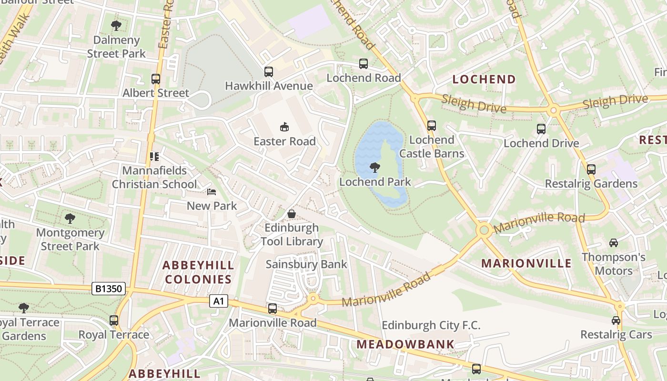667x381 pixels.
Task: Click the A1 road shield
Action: click(x=218, y=301)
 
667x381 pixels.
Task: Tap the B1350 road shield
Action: click(x=109, y=288)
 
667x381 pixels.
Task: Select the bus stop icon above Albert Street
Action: click(x=156, y=79)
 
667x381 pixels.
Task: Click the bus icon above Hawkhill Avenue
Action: click(x=269, y=72)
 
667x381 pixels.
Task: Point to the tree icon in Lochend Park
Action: click(x=375, y=168)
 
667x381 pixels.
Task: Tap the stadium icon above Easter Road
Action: click(x=284, y=127)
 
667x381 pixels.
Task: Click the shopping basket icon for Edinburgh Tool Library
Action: click(x=292, y=214)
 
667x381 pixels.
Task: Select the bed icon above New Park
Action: click(x=212, y=192)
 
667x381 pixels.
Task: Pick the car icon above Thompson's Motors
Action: click(x=614, y=243)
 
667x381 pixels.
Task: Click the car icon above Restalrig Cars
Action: click(x=616, y=321)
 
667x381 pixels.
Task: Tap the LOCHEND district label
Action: click(x=484, y=80)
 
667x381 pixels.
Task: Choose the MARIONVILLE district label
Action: click(x=526, y=263)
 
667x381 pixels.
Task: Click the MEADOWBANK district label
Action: click(x=405, y=344)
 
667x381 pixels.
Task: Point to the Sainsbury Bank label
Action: click(x=306, y=264)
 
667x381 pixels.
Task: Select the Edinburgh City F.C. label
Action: click(x=431, y=326)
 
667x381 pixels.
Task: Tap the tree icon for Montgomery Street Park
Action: click(x=70, y=219)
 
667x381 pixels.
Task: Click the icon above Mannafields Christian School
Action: click(x=154, y=156)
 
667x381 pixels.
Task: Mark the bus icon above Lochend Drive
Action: click(x=541, y=129)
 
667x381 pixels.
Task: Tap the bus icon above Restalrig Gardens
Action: click(x=591, y=170)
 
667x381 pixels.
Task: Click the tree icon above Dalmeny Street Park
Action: click(x=116, y=26)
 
